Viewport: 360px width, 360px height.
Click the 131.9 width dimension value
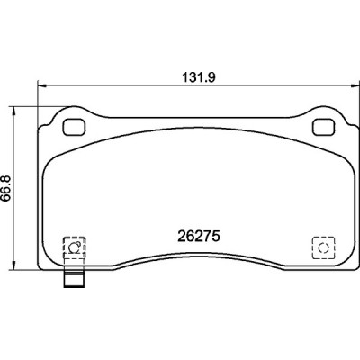coord(199,78)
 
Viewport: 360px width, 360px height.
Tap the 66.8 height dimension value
coord(7,188)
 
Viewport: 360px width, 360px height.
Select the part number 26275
coord(199,237)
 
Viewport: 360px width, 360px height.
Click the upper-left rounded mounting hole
coord(74,127)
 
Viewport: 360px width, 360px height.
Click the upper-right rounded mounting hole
coord(323,127)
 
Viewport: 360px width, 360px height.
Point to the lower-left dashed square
coord(75,247)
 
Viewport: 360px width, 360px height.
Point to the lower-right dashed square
coord(323,247)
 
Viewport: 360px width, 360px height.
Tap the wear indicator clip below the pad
coord(75,278)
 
